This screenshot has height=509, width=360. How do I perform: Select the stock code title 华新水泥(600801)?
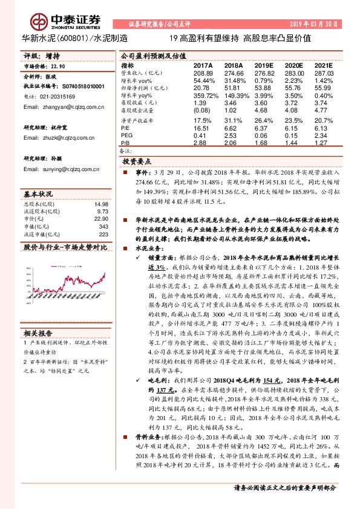pos(56,37)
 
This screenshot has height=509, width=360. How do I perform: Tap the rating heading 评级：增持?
pos(39,54)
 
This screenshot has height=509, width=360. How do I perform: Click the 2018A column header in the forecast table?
pos(233,65)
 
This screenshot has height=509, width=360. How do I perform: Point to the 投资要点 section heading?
pos(137,163)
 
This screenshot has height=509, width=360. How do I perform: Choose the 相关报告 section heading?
pos(38,332)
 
